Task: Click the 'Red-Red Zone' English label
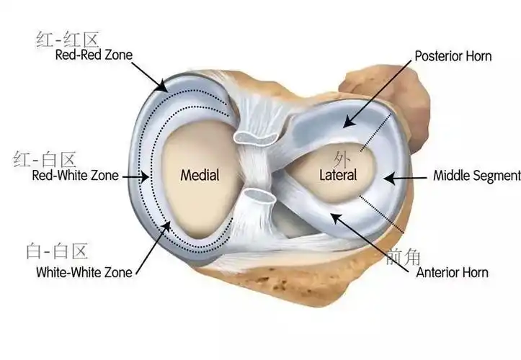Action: coord(94,55)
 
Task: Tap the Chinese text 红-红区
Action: coord(66,38)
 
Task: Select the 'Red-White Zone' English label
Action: coord(75,175)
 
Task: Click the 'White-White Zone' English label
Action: coord(84,272)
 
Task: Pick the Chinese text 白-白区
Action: coord(57,251)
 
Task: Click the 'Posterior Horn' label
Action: coord(453,56)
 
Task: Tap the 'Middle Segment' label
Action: coord(476,175)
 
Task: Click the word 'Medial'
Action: coord(200,174)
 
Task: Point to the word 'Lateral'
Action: coord(338,175)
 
